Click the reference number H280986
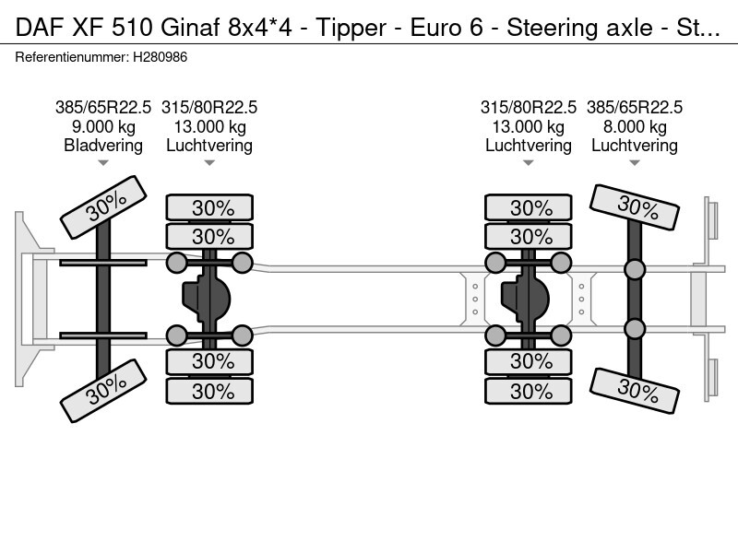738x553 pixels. (x=162, y=57)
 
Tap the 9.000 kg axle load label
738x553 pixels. (x=103, y=126)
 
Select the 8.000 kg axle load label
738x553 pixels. (x=635, y=126)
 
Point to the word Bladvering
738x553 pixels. (x=103, y=145)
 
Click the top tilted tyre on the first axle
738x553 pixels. (x=103, y=208)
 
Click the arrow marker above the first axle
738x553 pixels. (x=103, y=163)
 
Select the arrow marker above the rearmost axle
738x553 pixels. (x=635, y=163)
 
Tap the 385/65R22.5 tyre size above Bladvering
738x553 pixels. (x=103, y=107)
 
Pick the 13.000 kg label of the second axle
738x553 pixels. (x=209, y=126)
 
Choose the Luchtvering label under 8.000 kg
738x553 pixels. (x=635, y=145)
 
